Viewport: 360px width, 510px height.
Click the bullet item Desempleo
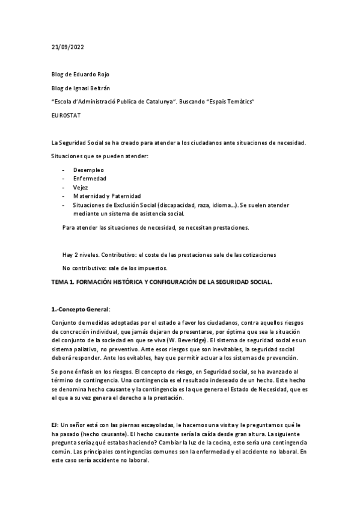tap(89, 170)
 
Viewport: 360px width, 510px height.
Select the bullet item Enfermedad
tap(90, 179)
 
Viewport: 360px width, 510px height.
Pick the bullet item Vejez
tap(81, 188)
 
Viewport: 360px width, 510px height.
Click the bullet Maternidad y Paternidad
tap(107, 196)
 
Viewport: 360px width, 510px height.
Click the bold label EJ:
tap(55, 425)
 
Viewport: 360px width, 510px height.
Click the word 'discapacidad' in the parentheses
tap(174, 205)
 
